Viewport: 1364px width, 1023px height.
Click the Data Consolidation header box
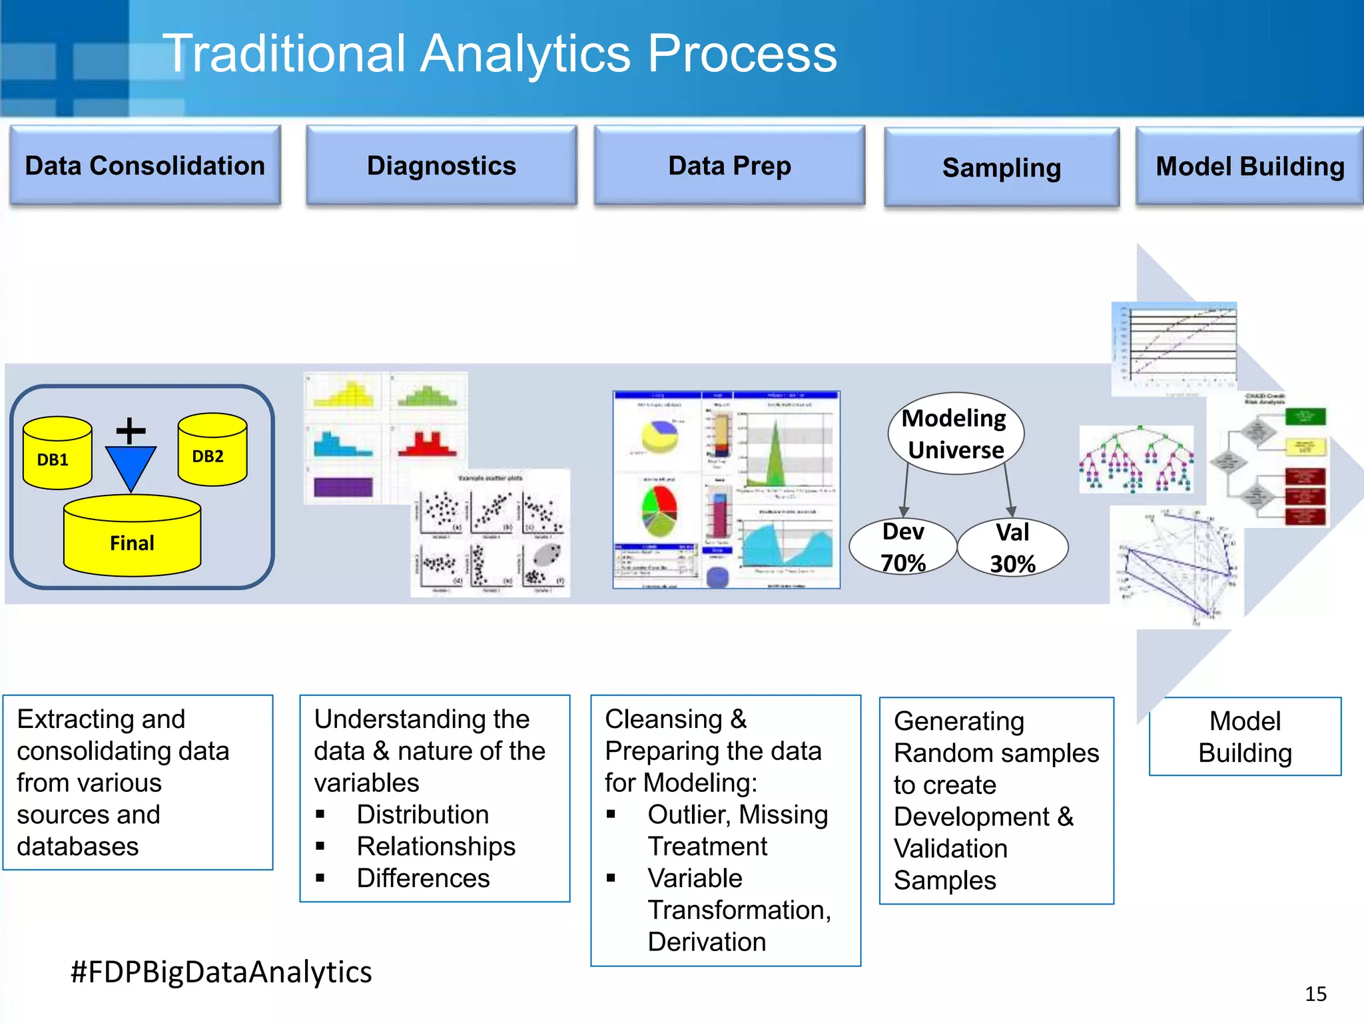(145, 165)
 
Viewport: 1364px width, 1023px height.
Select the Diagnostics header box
(441, 165)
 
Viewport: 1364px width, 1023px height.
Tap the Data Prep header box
(729, 165)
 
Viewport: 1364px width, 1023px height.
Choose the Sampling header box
(1001, 167)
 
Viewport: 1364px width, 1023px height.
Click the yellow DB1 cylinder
(57, 454)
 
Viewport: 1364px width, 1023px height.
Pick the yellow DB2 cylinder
(212, 450)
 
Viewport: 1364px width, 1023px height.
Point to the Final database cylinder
(132, 537)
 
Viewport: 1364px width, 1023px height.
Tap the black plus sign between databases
(131, 431)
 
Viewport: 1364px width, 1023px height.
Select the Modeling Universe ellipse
(955, 434)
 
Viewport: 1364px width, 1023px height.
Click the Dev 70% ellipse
(902, 547)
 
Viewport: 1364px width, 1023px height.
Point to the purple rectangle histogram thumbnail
(343, 487)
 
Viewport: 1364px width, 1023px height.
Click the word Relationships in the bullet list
(436, 846)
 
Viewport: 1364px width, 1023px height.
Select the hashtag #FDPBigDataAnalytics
(221, 972)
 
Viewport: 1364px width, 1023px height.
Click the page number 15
(1315, 994)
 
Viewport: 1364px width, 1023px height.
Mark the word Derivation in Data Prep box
(706, 942)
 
